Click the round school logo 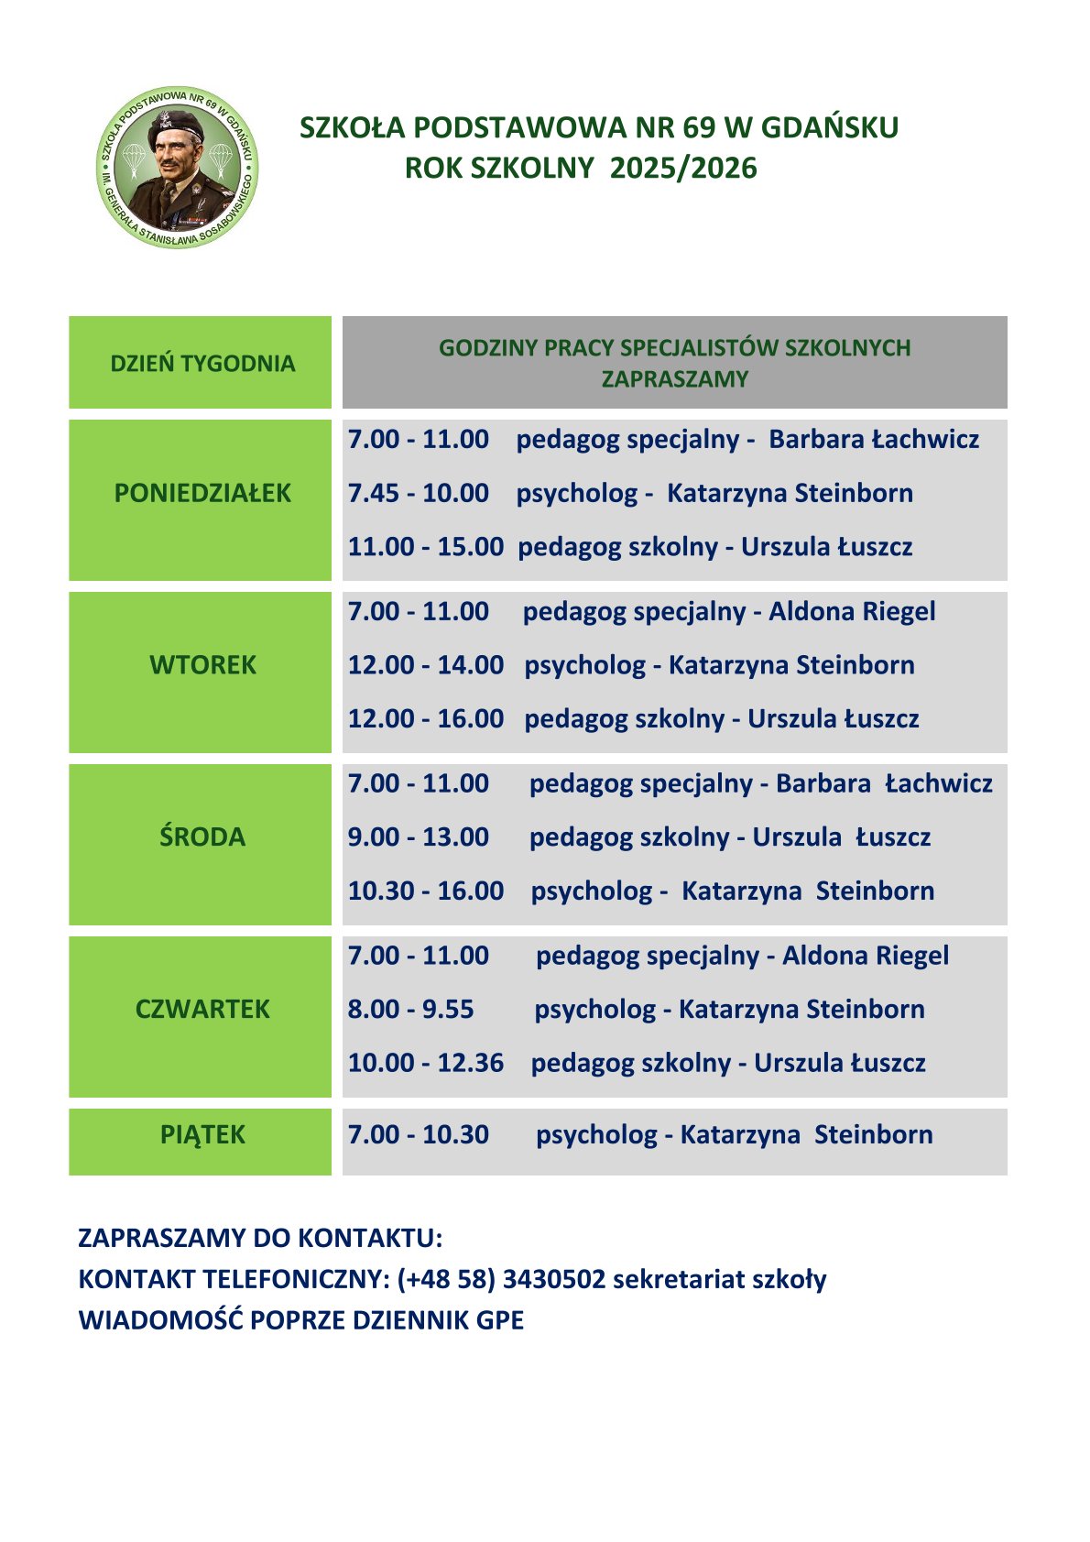click(x=177, y=168)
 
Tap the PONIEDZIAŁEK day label click(x=202, y=493)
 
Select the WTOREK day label click(x=202, y=665)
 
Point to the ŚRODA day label click(x=202, y=837)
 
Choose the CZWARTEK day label click(x=202, y=1010)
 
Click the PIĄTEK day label click(x=202, y=1135)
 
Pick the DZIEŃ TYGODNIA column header click(x=202, y=364)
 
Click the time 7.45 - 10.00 click(x=419, y=493)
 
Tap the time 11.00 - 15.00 click(x=426, y=547)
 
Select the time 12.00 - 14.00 click(x=426, y=665)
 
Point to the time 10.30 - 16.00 click(x=426, y=891)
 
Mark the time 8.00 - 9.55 click(x=411, y=1010)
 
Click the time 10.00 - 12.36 click(x=426, y=1063)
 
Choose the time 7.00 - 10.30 click(x=419, y=1135)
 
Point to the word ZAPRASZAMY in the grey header click(x=675, y=379)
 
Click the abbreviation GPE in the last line click(x=500, y=1321)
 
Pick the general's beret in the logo click(x=176, y=124)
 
